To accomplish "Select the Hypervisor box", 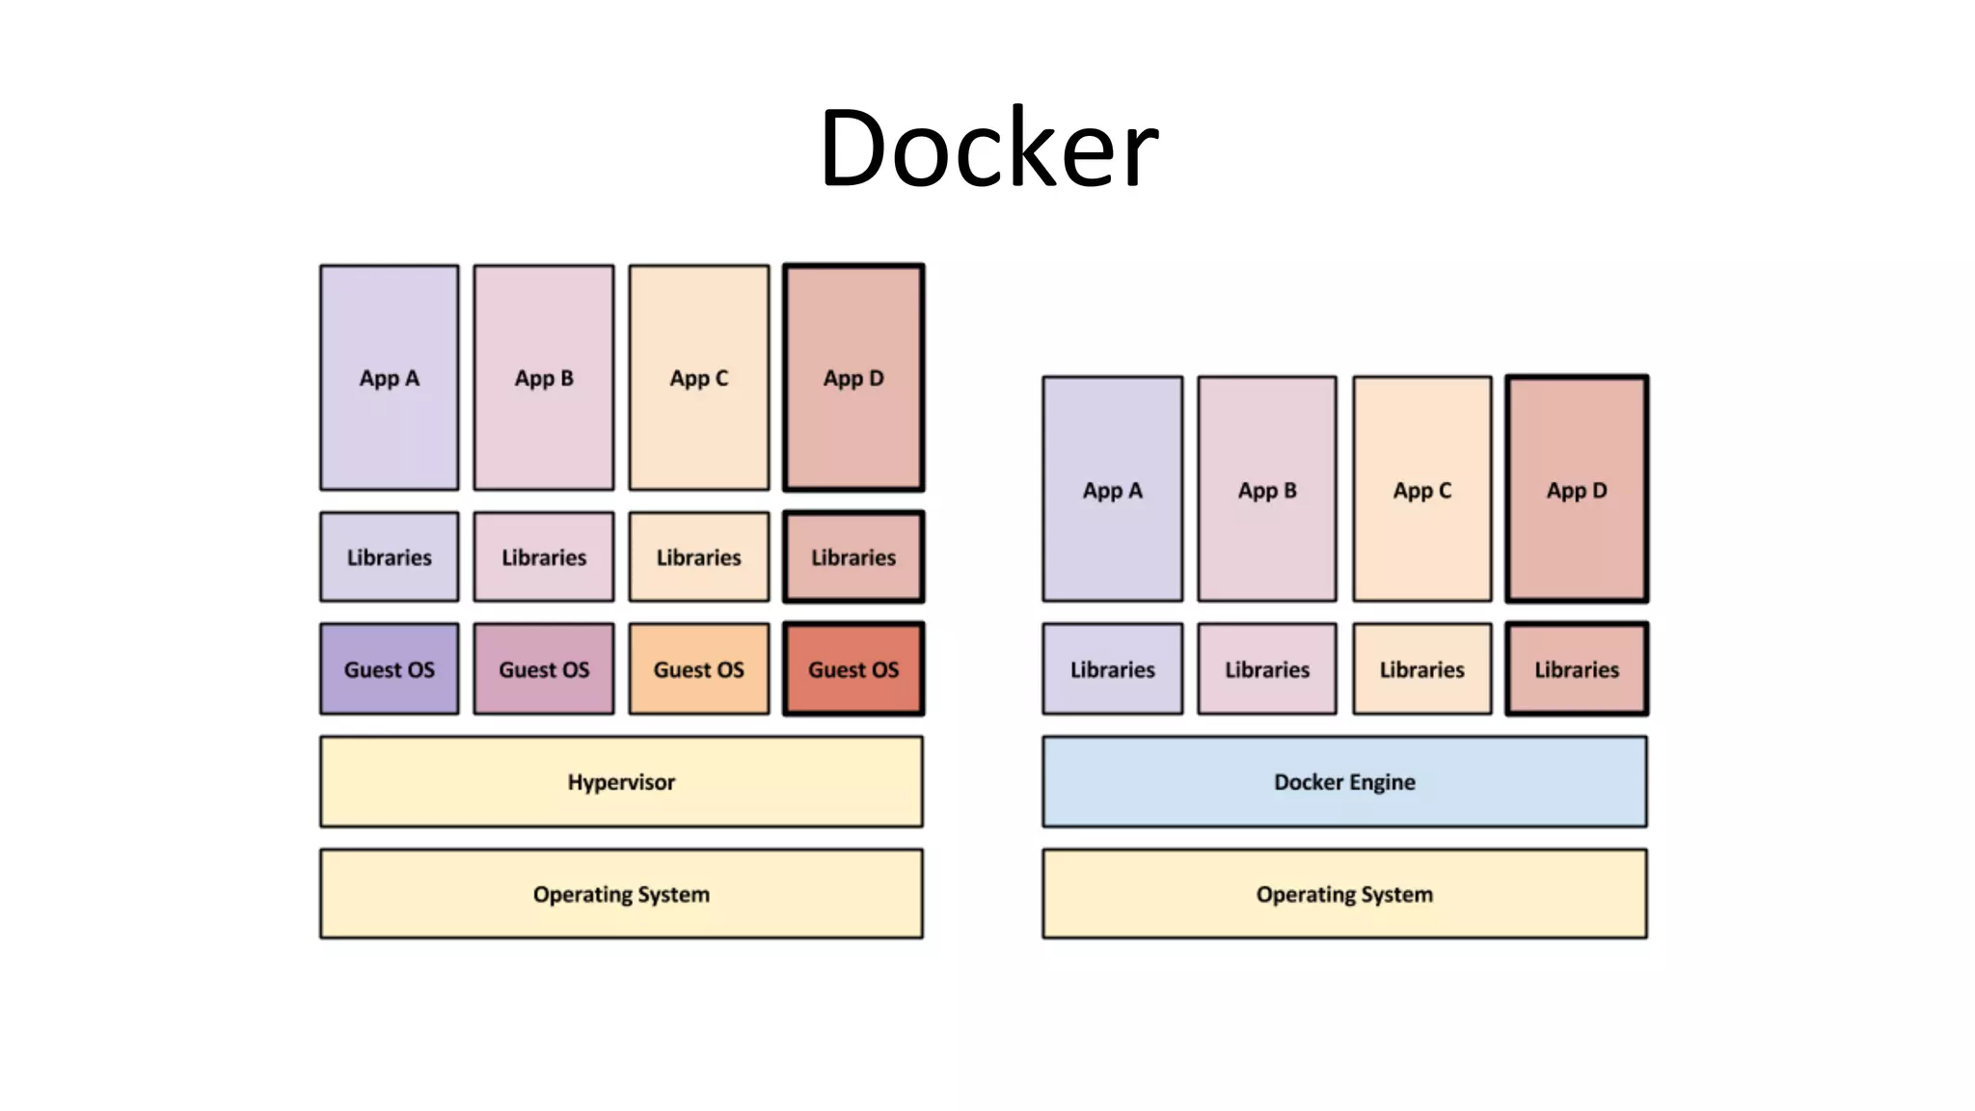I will click(x=621, y=782).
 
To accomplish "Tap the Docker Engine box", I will click(x=1344, y=782).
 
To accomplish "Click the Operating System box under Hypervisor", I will click(x=621, y=894).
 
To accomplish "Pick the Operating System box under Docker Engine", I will click(x=1344, y=894).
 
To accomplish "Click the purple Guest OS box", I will click(x=390, y=669).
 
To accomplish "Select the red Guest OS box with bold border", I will click(x=853, y=669).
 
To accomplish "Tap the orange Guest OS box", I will click(x=699, y=669).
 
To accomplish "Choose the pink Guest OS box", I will click(x=544, y=669).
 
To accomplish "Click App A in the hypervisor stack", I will click(x=390, y=378).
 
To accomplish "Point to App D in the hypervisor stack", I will click(x=853, y=378).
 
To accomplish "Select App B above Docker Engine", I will click(x=1267, y=490).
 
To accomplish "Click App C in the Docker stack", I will click(x=1422, y=490).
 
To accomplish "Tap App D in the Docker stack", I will click(x=1577, y=490).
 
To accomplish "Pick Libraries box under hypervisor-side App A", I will click(x=390, y=557).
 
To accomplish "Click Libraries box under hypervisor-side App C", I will click(x=699, y=557).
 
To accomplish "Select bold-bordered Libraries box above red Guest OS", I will click(x=853, y=557).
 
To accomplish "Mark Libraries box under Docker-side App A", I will click(x=1113, y=669).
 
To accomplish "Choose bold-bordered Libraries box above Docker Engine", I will click(x=1577, y=669).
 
